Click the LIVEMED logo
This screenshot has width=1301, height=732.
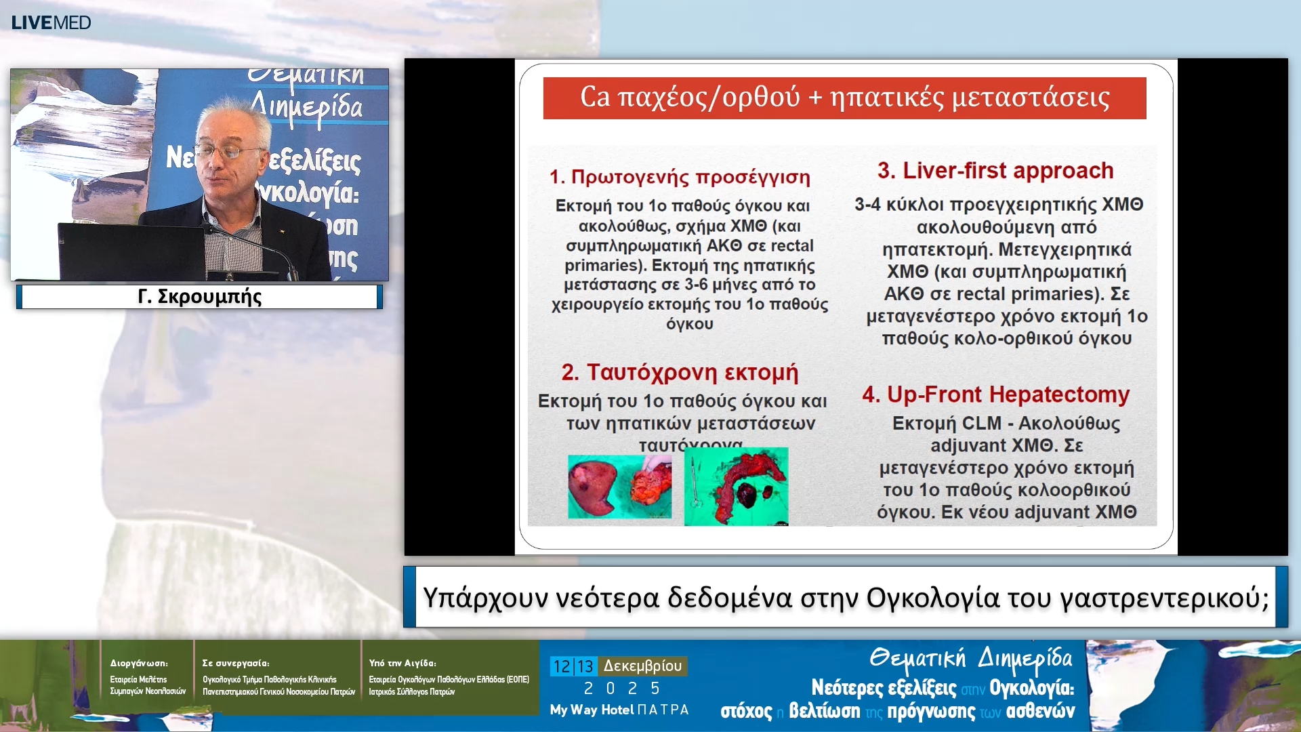51,22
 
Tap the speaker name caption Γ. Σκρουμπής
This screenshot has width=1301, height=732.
199,297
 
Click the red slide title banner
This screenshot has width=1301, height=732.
844,98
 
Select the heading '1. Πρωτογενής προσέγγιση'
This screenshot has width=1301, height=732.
680,177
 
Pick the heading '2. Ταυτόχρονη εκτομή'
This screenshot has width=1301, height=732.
680,372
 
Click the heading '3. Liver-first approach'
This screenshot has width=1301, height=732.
995,170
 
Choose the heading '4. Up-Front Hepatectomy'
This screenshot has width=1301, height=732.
995,394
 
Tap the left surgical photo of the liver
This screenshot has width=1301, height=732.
619,487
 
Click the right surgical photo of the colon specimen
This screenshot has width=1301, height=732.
736,487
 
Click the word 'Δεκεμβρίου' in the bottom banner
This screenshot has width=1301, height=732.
642,666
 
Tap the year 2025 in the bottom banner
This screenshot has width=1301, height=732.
621,689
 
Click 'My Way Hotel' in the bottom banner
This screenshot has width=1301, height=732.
592,710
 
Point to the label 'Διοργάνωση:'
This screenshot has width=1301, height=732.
139,663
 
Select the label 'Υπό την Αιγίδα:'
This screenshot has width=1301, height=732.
402,663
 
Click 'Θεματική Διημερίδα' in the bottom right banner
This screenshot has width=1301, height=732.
970,658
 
